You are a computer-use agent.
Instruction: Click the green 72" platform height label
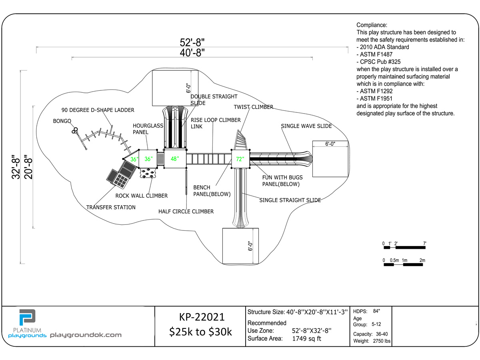click(x=240, y=159)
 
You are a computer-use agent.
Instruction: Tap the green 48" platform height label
click(x=175, y=159)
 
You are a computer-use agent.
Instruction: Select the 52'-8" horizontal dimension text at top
click(x=192, y=42)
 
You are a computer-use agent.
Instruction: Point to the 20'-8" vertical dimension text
click(x=28, y=167)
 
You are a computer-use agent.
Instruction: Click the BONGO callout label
click(x=62, y=121)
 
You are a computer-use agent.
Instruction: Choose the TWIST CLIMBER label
click(x=254, y=107)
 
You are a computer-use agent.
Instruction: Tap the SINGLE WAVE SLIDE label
click(x=306, y=126)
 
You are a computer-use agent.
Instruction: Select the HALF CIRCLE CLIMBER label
click(x=186, y=211)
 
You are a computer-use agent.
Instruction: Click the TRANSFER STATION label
click(x=111, y=207)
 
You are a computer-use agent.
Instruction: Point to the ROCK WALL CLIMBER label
click(x=142, y=196)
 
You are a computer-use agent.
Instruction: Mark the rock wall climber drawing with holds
click(x=148, y=173)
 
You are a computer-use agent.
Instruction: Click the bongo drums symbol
click(x=74, y=130)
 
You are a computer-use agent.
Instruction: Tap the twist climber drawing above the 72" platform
click(x=240, y=140)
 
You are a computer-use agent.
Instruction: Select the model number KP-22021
click(x=202, y=317)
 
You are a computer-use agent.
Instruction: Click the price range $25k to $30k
click(x=200, y=332)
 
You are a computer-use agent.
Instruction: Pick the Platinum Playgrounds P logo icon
click(x=27, y=317)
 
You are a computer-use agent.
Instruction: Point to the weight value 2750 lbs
click(x=382, y=341)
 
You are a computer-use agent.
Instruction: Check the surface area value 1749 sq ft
click(x=306, y=338)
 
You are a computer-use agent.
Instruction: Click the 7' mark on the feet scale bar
click(x=425, y=244)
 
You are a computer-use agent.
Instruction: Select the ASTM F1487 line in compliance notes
click(x=374, y=54)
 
